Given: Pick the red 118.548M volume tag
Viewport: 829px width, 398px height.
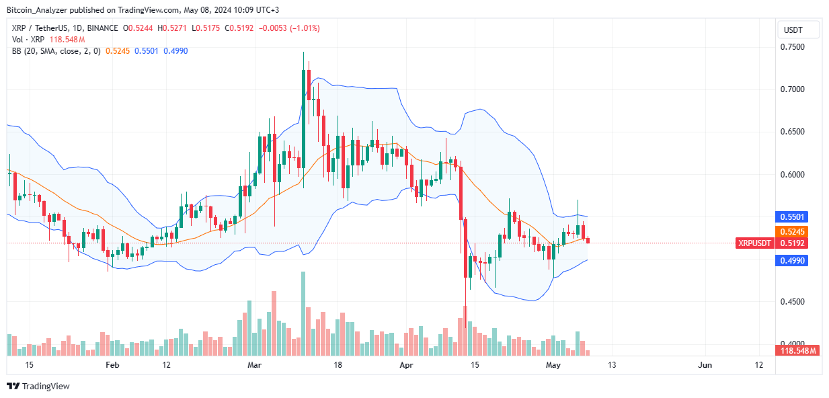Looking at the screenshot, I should point(797,350).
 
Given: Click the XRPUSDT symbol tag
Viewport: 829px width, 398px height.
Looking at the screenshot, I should point(754,243).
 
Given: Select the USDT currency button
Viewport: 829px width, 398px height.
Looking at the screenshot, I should point(798,30).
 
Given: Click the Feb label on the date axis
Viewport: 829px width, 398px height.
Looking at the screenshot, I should point(112,364).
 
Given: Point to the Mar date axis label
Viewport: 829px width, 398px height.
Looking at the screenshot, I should point(254,364).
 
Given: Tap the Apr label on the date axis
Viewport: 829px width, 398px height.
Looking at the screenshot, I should point(406,364).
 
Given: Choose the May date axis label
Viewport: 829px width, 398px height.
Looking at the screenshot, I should point(553,364).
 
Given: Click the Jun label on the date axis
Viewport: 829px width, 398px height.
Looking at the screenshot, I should point(705,364).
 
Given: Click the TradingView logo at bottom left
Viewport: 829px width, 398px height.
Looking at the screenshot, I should point(38,386).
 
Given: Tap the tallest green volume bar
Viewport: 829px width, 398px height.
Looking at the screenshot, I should point(303,313).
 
